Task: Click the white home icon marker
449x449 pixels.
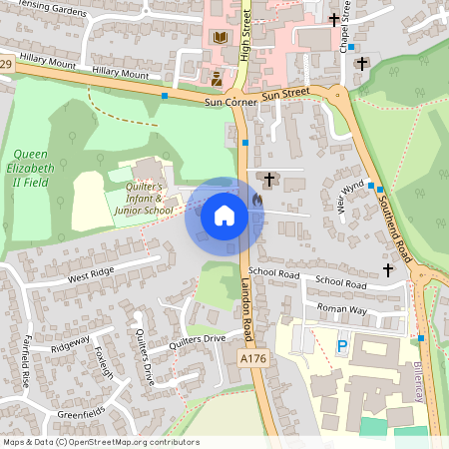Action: click(x=224, y=216)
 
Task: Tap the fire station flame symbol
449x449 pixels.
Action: click(x=258, y=200)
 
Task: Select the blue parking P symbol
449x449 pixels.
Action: click(x=342, y=346)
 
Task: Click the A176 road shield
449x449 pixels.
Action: click(x=254, y=356)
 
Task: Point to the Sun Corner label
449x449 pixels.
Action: click(x=230, y=102)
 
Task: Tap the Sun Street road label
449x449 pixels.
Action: click(x=286, y=95)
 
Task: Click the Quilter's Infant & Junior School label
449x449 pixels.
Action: click(x=144, y=198)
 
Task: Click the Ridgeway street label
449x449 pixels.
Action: click(x=71, y=344)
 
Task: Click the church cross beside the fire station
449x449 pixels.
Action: click(x=268, y=178)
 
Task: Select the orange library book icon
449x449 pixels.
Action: click(x=220, y=38)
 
